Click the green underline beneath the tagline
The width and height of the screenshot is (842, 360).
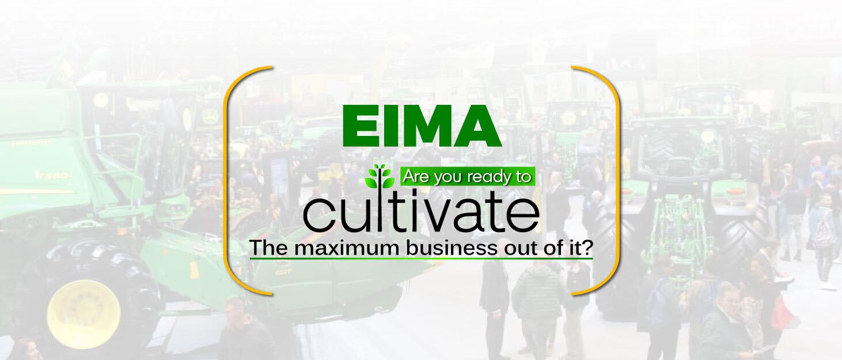(421, 260)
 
